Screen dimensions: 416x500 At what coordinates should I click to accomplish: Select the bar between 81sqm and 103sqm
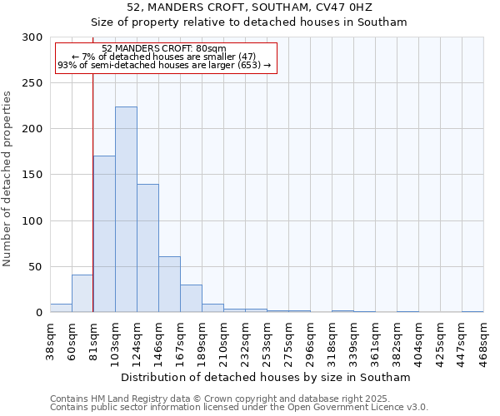[x=104, y=234]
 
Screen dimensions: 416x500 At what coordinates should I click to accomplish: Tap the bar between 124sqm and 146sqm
[x=147, y=248]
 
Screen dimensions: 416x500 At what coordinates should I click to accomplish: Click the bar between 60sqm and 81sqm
[x=82, y=294]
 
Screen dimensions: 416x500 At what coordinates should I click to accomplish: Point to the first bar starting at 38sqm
[x=61, y=308]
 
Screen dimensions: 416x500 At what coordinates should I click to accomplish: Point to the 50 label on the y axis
[x=36, y=267]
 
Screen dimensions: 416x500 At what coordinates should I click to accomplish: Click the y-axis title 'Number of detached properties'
[x=7, y=179]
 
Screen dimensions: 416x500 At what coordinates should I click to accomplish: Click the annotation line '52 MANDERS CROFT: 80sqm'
[x=163, y=49]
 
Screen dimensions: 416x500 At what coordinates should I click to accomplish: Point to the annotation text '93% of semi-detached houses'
[x=163, y=65]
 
